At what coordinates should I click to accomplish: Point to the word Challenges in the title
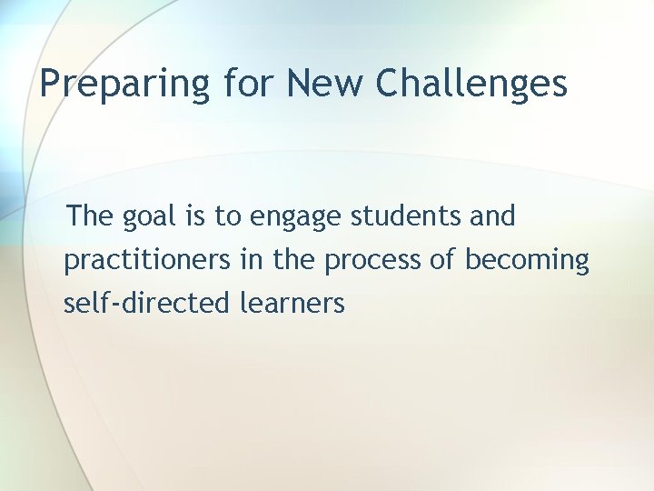click(x=471, y=84)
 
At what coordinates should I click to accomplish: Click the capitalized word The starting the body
click(x=88, y=216)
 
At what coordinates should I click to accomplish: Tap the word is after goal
click(x=193, y=216)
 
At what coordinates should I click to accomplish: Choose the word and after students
click(x=491, y=216)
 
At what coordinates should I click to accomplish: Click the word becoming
click(x=527, y=261)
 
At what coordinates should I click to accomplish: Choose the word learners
click(x=292, y=303)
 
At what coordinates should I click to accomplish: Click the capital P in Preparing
click(x=50, y=84)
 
